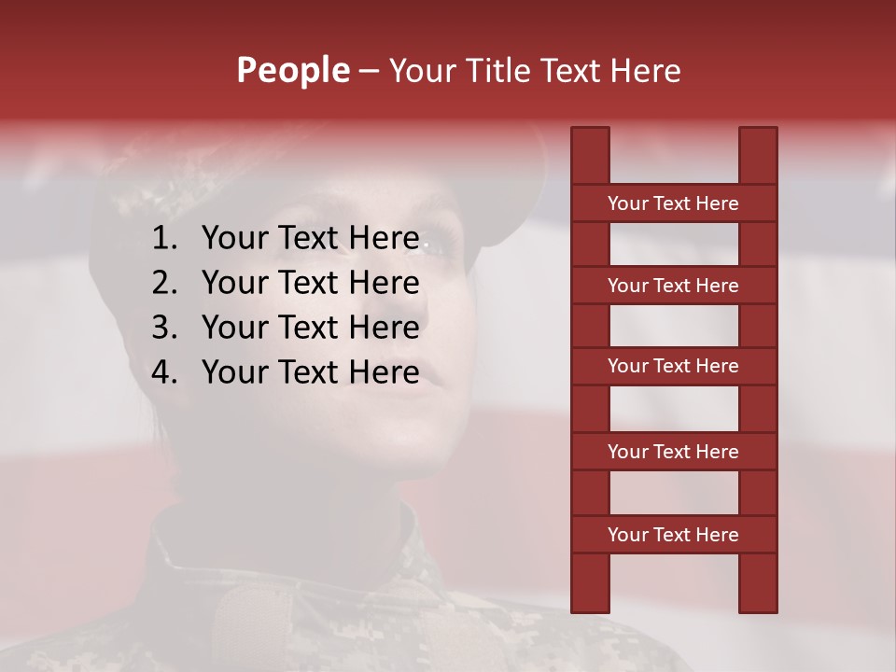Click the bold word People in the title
tap(292, 70)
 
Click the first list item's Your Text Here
tap(310, 239)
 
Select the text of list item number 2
tap(310, 283)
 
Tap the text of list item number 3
tap(310, 328)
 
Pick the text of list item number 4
tap(310, 372)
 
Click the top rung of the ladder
tap(673, 203)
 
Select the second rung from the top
tap(673, 286)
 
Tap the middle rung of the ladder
tap(673, 367)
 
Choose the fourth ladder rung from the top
tap(673, 452)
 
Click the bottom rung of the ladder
tap(673, 535)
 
